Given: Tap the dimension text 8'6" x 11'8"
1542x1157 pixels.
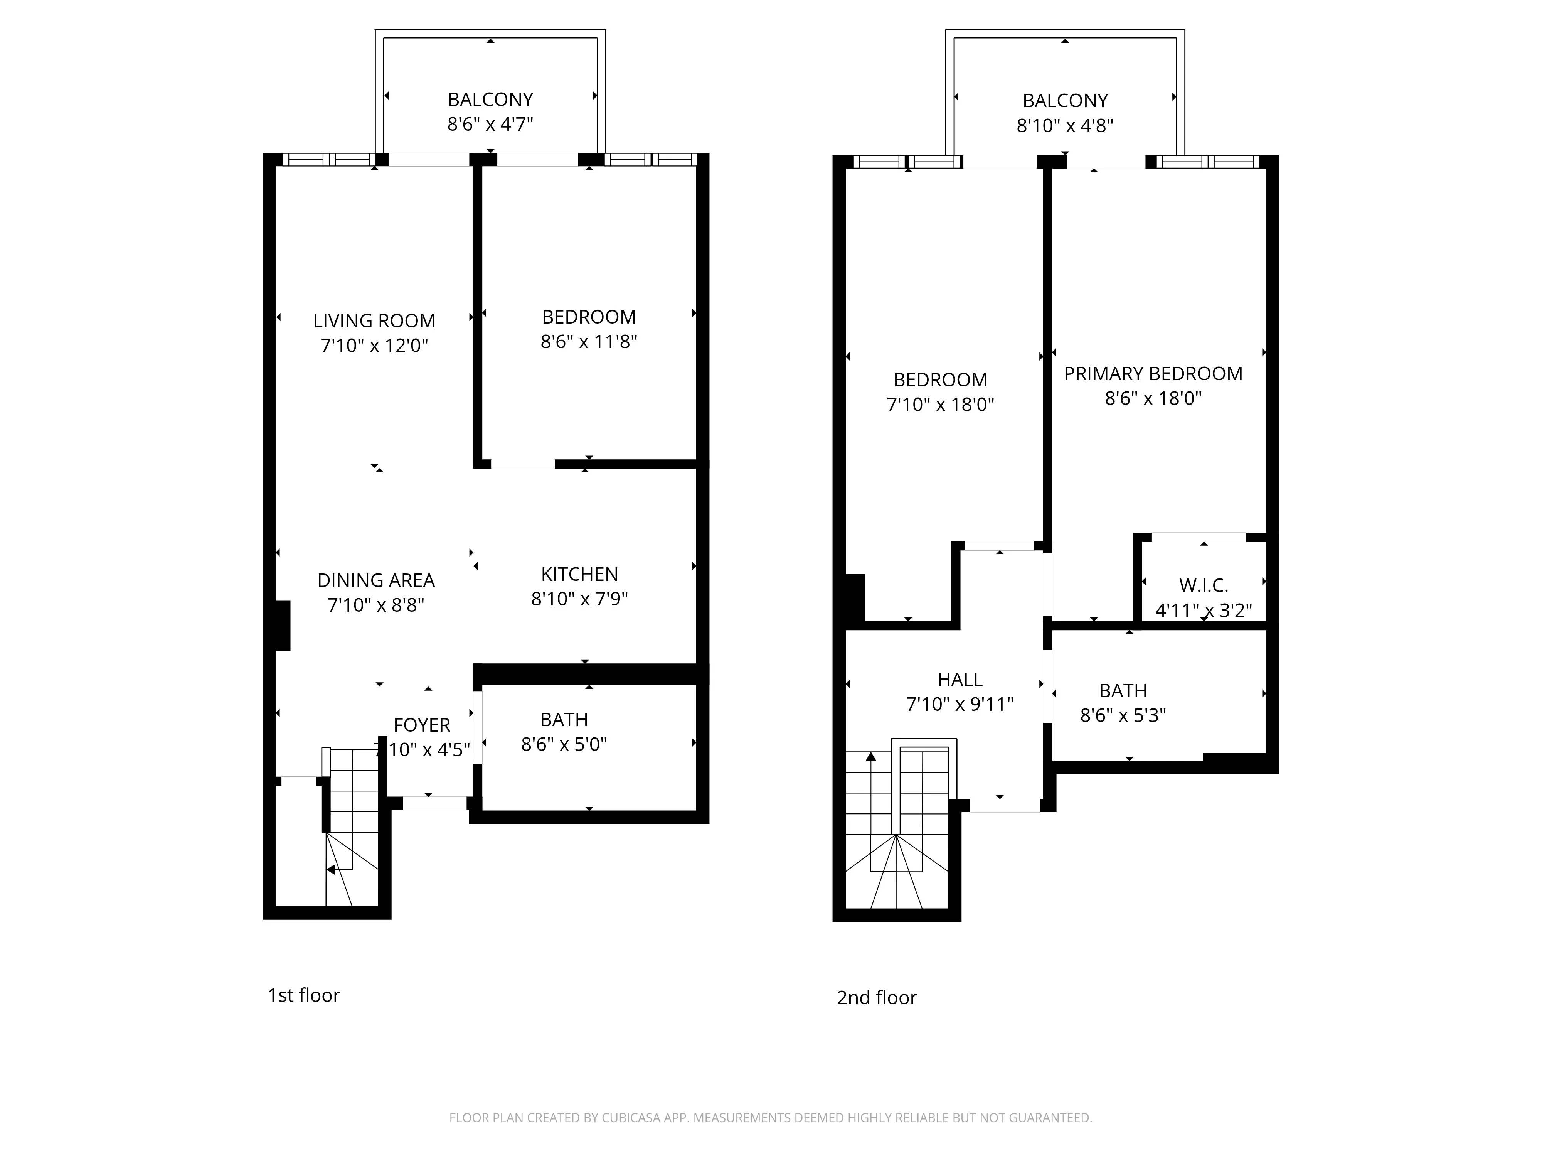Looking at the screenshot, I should click(x=589, y=342).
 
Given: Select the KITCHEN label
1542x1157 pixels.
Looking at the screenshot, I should click(x=579, y=574).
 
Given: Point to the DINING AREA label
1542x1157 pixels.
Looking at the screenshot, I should click(x=376, y=580).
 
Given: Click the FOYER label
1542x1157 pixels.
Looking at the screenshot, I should click(x=422, y=725).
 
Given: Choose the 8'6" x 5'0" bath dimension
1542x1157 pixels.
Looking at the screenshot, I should click(x=564, y=744).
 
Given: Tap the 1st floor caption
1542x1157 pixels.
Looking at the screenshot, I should click(x=304, y=995).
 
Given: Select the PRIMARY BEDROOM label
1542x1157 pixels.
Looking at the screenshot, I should click(x=1153, y=374).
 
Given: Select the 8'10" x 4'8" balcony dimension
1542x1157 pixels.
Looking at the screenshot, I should click(x=1064, y=125).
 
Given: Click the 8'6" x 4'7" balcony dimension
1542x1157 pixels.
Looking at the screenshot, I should click(x=490, y=124).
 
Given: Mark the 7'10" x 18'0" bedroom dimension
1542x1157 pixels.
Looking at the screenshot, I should click(x=940, y=405).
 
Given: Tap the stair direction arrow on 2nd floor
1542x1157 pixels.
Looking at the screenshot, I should click(x=871, y=757).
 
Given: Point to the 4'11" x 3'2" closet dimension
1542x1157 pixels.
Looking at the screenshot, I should click(x=1203, y=610).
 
